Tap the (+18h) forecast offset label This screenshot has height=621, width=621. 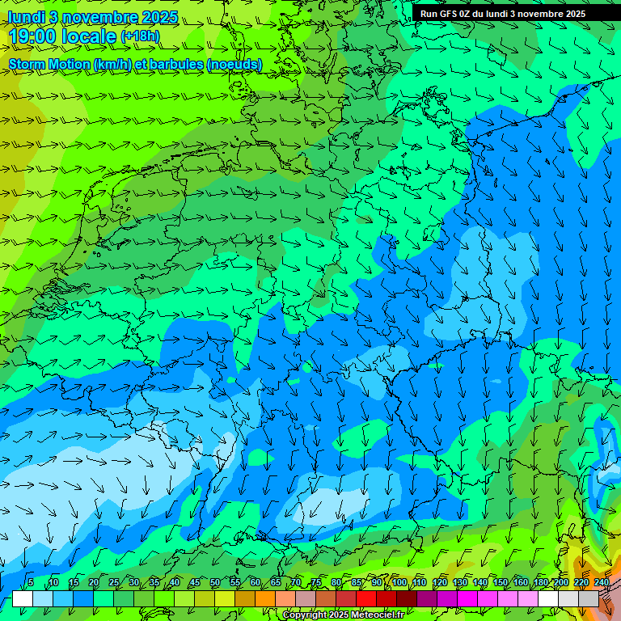click(140, 36)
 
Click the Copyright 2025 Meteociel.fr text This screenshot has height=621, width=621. click(343, 615)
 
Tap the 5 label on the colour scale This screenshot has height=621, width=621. click(31, 582)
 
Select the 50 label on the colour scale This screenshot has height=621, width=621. click(214, 582)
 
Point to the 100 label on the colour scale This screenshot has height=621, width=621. click(399, 582)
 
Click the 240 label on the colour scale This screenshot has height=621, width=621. click(601, 582)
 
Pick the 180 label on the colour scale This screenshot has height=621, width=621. click(540, 582)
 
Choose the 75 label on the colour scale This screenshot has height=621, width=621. click(315, 582)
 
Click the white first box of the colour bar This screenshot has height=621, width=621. click(23, 598)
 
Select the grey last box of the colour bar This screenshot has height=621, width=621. click(589, 598)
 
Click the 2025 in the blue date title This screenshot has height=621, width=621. click(163, 16)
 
